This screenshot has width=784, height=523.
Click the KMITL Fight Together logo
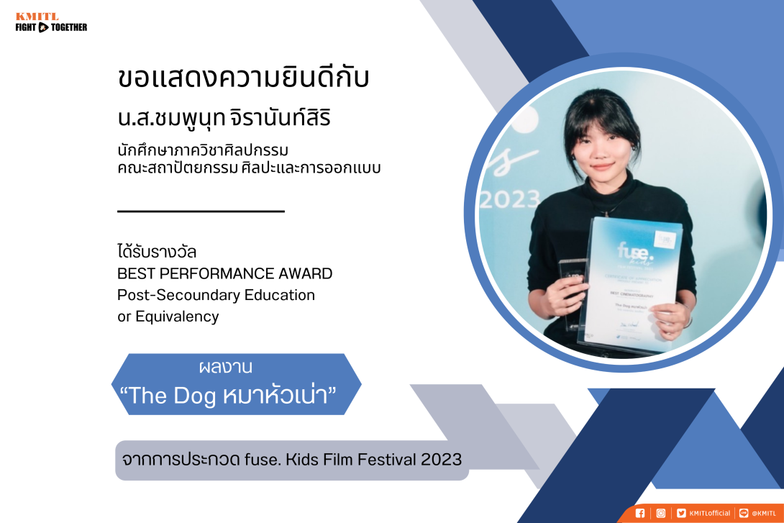[x=50, y=22]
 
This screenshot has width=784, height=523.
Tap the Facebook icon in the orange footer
[x=640, y=513]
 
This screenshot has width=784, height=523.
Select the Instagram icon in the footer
[x=660, y=513]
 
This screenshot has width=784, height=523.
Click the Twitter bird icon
[x=681, y=513]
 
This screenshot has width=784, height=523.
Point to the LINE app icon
[x=744, y=513]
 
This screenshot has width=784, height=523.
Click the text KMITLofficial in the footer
[x=709, y=513]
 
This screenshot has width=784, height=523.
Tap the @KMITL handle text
[x=763, y=513]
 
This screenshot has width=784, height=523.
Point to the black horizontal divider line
[x=201, y=212]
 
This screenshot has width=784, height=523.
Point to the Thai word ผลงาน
[x=225, y=368]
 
